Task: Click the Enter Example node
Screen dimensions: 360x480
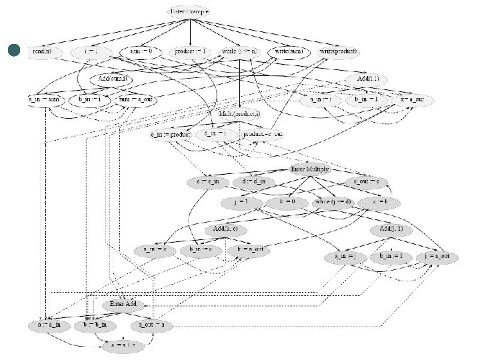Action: tap(191, 12)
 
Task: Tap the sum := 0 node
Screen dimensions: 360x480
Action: tap(141, 51)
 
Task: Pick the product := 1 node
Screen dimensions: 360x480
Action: tap(191, 51)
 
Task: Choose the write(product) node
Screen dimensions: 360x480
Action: tap(339, 51)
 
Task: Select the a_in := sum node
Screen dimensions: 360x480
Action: tap(45, 99)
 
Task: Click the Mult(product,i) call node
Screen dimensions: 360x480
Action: tap(239, 114)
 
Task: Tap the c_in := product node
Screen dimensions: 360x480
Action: tap(171, 134)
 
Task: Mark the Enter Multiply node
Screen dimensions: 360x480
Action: tap(309, 169)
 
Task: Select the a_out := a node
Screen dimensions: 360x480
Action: tap(154, 326)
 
